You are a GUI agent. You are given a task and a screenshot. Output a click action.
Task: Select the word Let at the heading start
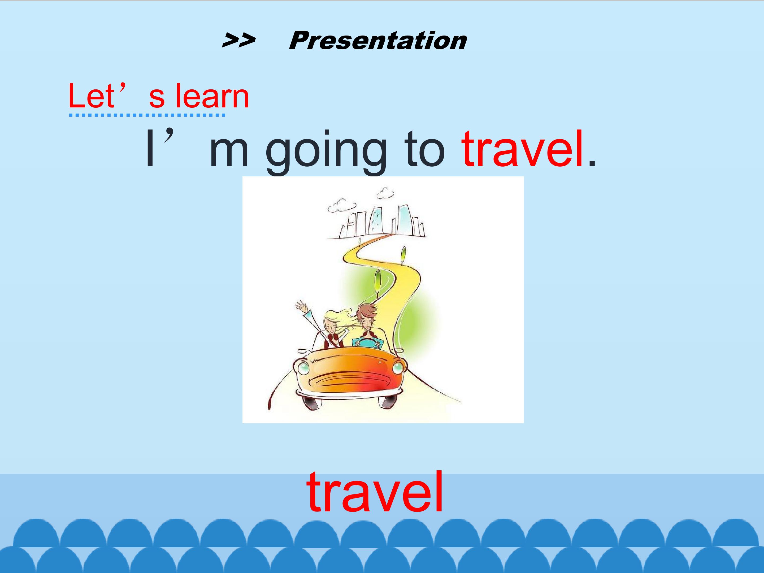click(x=92, y=96)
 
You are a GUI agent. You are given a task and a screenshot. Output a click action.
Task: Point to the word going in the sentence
click(x=326, y=152)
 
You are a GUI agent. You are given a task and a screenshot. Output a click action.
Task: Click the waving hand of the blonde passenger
click(x=301, y=306)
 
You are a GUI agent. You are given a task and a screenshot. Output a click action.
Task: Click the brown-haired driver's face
click(x=366, y=323)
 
